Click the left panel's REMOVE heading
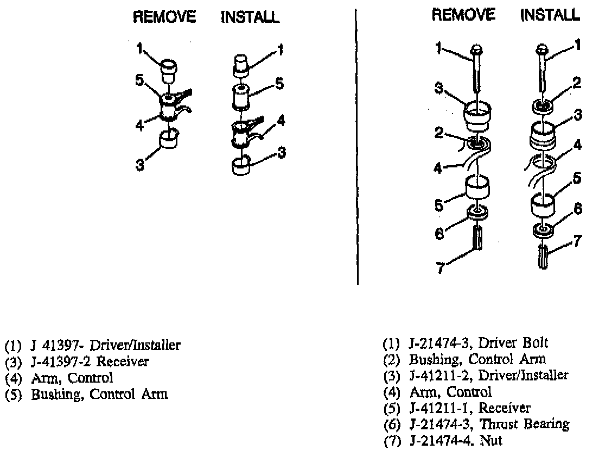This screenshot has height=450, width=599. [x=165, y=17]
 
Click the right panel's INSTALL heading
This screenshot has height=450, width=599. [x=550, y=15]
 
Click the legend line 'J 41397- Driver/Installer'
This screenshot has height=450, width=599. [x=92, y=345]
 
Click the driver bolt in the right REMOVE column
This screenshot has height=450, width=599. [x=476, y=71]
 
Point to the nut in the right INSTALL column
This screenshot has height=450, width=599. [x=544, y=256]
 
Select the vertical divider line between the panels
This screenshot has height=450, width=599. [x=357, y=147]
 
